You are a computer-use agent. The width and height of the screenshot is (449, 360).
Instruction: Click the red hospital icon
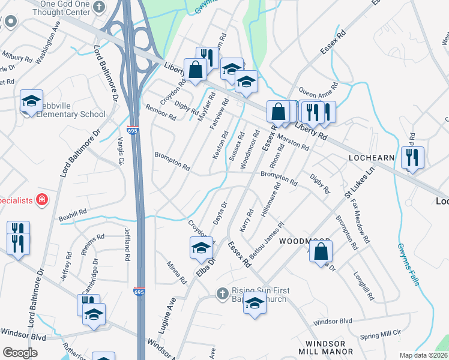[x=42, y=200]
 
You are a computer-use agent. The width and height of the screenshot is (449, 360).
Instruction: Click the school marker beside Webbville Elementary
[x=32, y=101]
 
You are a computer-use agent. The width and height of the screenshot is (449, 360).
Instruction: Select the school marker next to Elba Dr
[x=202, y=248]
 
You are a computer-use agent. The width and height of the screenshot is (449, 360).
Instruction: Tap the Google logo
[x=20, y=353]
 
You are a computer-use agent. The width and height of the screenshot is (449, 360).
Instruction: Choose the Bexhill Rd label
[x=73, y=213]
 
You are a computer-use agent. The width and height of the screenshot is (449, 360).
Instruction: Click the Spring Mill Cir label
[x=380, y=338]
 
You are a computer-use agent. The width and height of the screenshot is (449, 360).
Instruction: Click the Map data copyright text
[x=423, y=355]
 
